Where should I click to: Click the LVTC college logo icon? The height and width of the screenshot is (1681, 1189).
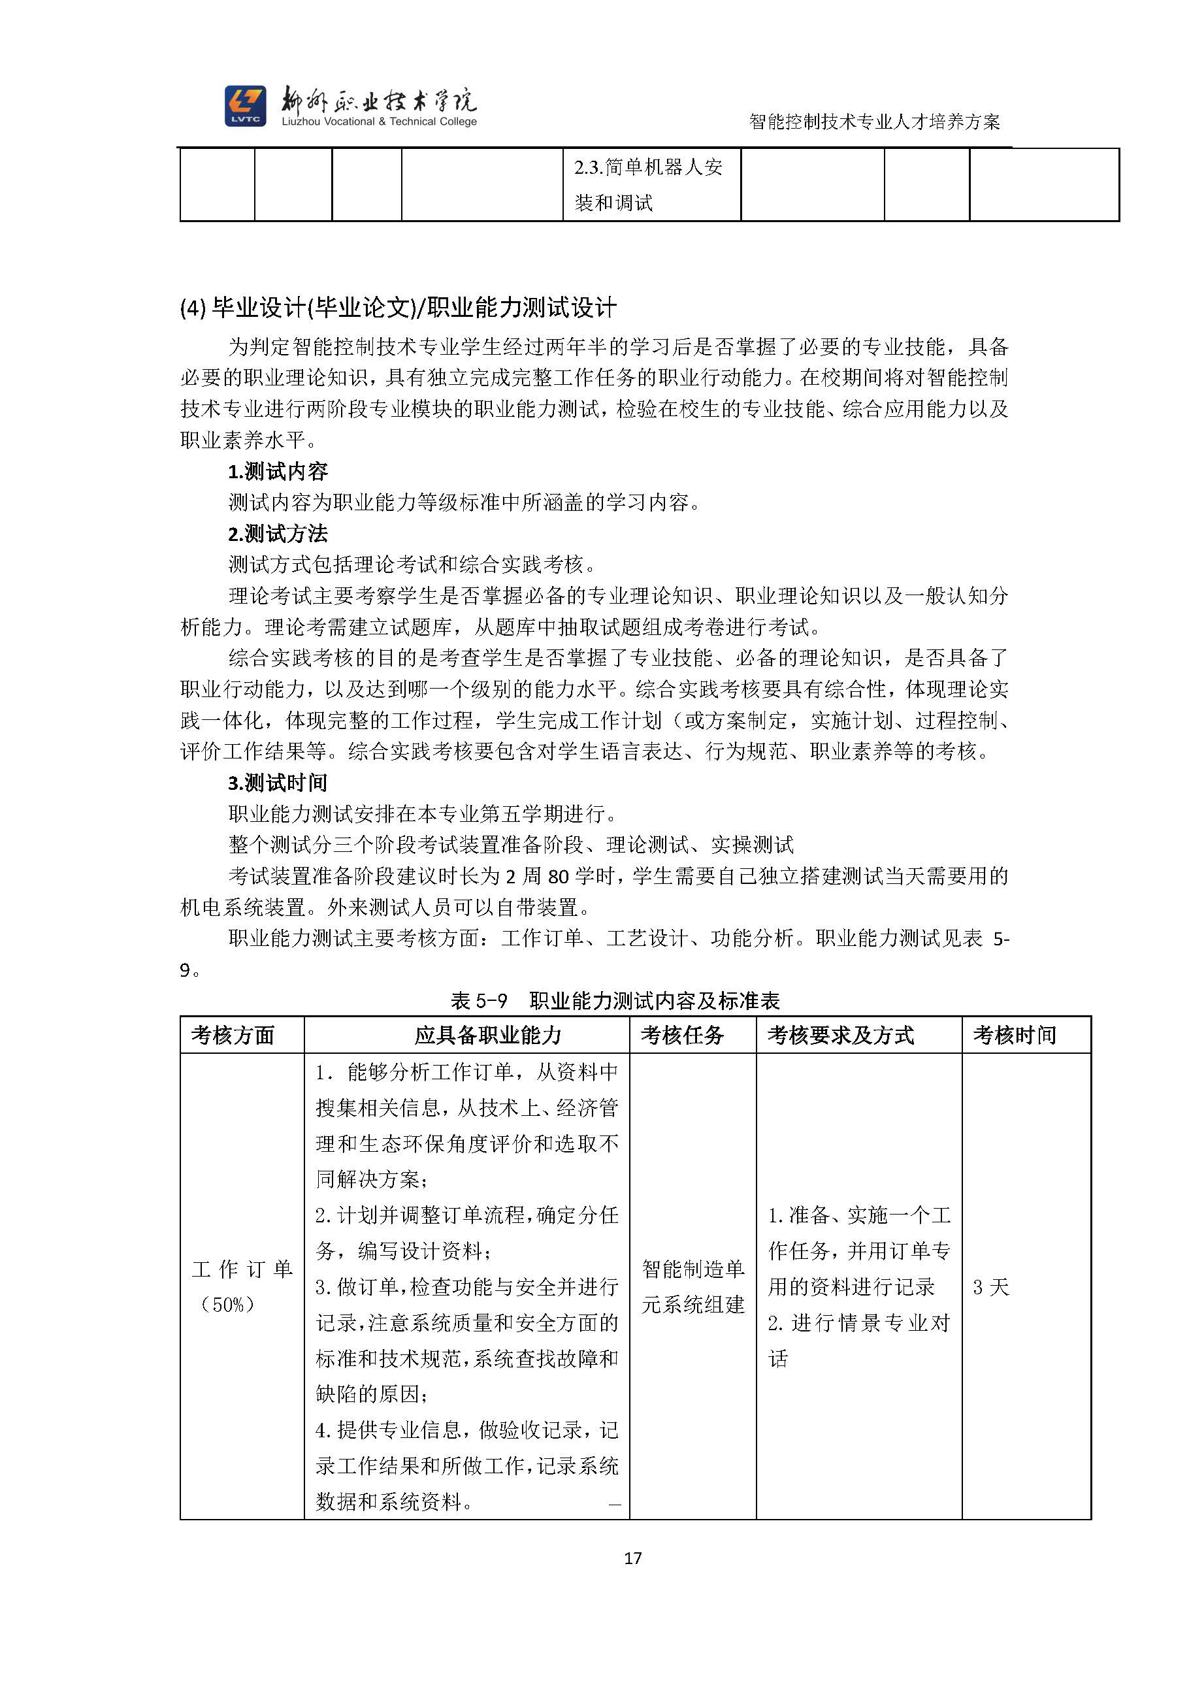coord(245,105)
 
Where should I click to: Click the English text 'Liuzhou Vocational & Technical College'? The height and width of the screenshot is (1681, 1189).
coord(380,122)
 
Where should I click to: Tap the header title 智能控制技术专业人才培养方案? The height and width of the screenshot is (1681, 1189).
coord(874,122)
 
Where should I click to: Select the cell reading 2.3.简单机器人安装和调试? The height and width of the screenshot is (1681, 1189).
coord(650,184)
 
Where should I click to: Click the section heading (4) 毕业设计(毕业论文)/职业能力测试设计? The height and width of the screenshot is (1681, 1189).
coord(399,308)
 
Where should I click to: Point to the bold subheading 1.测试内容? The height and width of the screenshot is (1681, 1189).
coord(278,471)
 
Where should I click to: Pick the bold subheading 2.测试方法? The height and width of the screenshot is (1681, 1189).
coord(278,534)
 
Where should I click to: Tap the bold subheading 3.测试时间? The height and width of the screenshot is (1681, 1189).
coord(278,783)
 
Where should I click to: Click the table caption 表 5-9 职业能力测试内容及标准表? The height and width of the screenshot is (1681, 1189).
coord(615,1000)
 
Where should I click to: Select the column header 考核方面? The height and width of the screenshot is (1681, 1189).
coord(233,1034)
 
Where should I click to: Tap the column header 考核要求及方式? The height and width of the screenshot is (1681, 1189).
coord(841,1034)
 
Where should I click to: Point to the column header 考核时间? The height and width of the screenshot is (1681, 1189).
coord(1014,1034)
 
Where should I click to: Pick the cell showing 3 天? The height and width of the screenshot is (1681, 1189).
coord(990,1287)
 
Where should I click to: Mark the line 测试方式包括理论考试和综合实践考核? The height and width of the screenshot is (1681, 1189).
coord(414,564)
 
